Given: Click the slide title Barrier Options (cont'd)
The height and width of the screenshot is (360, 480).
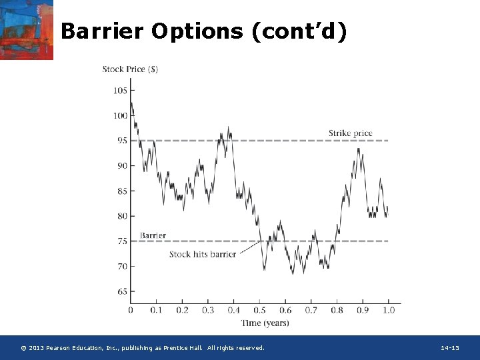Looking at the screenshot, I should click(x=203, y=31).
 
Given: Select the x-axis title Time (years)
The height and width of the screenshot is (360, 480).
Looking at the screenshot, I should click(x=265, y=323).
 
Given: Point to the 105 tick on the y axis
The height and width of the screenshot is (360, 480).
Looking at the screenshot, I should click(x=120, y=91).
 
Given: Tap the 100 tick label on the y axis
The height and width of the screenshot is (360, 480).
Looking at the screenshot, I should click(x=120, y=116).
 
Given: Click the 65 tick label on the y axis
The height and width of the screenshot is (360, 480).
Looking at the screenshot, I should click(x=122, y=292).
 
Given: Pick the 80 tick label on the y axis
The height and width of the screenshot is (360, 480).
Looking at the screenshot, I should click(x=122, y=216).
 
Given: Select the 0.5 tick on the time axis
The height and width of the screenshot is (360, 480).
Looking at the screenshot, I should click(x=259, y=311).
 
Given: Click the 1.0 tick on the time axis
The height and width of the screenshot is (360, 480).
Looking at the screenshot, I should click(x=389, y=311).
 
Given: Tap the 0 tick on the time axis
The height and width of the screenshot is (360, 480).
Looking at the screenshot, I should click(x=131, y=311).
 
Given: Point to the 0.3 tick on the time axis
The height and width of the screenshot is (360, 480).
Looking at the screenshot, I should click(x=208, y=311).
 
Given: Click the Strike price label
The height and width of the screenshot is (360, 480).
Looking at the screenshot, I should click(x=350, y=133).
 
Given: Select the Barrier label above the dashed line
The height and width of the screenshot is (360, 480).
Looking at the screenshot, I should click(x=153, y=235).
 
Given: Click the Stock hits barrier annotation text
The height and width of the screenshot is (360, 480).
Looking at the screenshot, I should click(x=202, y=254).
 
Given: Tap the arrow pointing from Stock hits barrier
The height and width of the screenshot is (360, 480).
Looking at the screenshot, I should click(x=249, y=248).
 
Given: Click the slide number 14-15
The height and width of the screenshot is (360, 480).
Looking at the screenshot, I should click(x=450, y=348).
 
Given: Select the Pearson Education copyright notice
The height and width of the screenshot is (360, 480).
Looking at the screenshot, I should click(x=143, y=348).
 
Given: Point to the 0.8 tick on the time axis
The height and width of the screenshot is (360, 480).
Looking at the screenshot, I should click(x=337, y=311).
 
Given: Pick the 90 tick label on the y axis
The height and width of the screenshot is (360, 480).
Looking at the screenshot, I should click(x=122, y=166).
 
